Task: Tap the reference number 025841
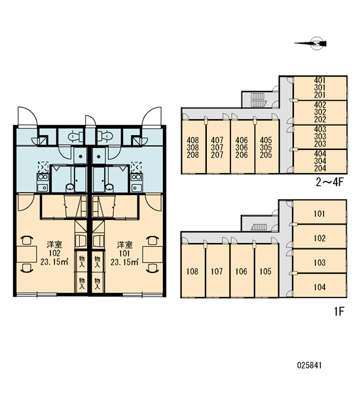click(309, 365)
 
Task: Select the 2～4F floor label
click(329, 182)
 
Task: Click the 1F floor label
click(338, 312)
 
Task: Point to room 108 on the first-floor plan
click(192, 271)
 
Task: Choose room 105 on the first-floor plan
click(266, 271)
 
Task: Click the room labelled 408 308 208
click(193, 147)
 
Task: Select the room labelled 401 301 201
click(320, 88)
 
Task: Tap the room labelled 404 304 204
click(320, 161)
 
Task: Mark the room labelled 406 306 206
click(242, 147)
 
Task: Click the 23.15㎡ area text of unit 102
click(54, 262)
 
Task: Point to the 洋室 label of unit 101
click(124, 244)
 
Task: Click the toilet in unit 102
click(75, 136)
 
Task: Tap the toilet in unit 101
click(105, 136)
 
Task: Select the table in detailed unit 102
click(27, 254)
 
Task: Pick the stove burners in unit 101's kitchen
click(136, 177)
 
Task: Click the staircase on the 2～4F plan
click(257, 100)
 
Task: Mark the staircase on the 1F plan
click(258, 227)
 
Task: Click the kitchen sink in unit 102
click(42, 187)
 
